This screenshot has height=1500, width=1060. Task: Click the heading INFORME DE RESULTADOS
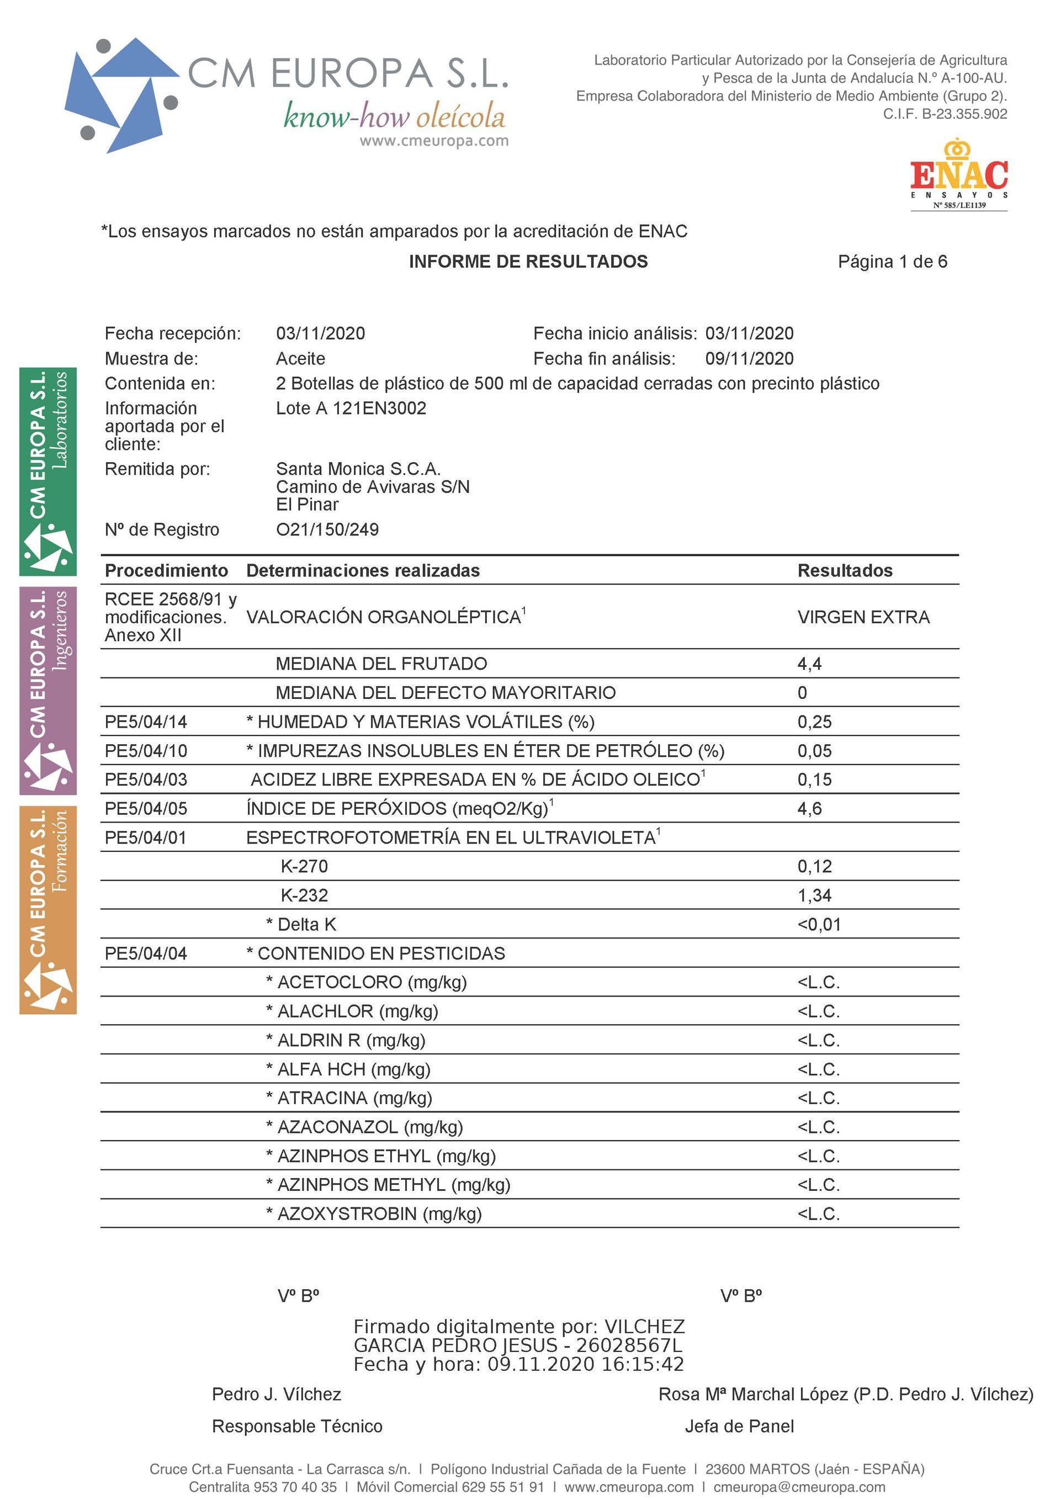(x=528, y=262)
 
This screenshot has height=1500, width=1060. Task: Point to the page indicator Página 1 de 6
(x=892, y=262)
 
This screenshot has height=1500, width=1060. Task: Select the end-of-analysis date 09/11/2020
(x=749, y=359)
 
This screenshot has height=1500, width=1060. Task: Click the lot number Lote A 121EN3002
(x=351, y=409)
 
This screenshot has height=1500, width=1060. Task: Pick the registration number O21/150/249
(x=327, y=529)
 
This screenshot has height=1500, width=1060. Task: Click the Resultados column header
(x=844, y=570)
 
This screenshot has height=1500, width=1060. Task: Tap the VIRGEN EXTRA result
(x=863, y=617)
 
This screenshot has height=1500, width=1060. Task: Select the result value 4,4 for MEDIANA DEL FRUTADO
(x=809, y=664)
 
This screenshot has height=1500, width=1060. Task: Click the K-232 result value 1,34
(x=814, y=895)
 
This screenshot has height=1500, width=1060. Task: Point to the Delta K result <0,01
(x=819, y=924)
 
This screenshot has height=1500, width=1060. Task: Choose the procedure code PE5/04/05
(x=146, y=809)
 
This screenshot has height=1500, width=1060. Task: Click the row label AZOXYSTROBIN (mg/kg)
(x=379, y=1214)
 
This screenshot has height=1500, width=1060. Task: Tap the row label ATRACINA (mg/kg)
(x=354, y=1098)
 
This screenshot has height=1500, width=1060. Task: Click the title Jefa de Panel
(x=739, y=1426)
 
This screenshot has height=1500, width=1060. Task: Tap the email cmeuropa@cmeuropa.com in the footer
(x=799, y=1487)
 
